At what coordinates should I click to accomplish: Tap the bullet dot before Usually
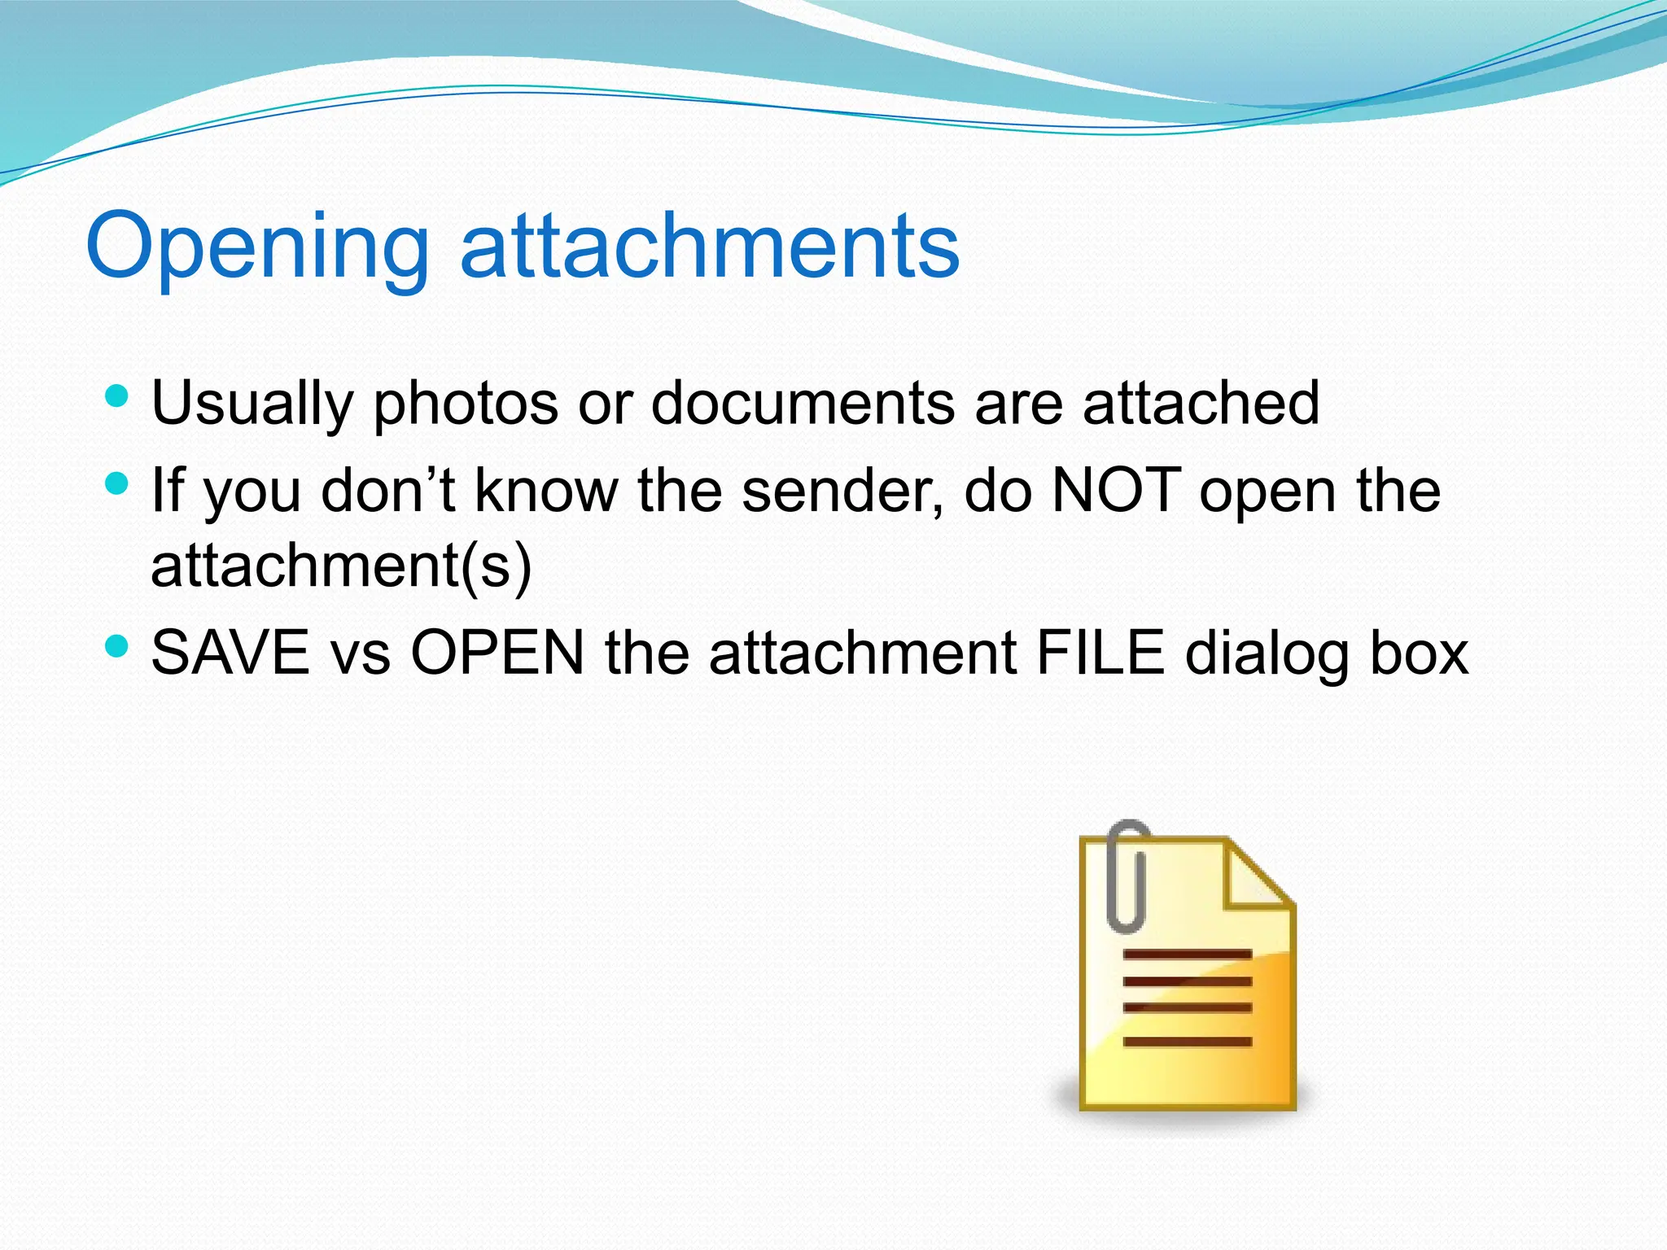coord(118,397)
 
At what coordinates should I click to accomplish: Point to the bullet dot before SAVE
coord(118,647)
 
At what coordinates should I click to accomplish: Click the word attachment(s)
coord(341,566)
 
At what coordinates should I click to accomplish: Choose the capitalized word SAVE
coord(230,653)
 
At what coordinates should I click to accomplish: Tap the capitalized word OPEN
coord(497,653)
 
